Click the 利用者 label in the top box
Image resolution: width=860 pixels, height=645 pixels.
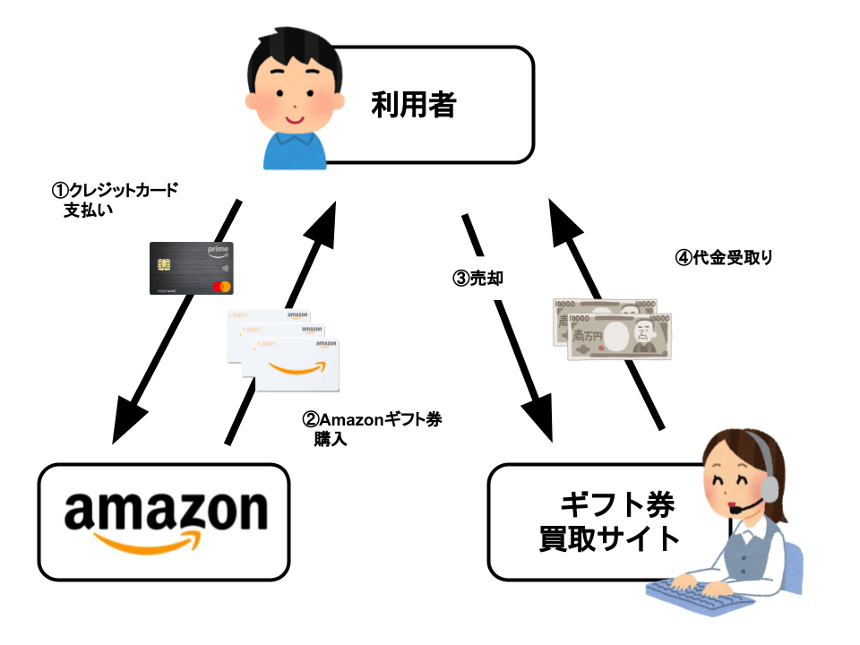click(x=414, y=106)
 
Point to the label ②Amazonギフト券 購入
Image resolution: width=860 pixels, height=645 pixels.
click(x=373, y=429)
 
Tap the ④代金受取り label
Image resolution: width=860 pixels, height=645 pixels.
click(x=723, y=257)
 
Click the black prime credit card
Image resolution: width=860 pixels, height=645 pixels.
click(x=191, y=268)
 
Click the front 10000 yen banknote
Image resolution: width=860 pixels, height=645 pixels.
click(x=619, y=337)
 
